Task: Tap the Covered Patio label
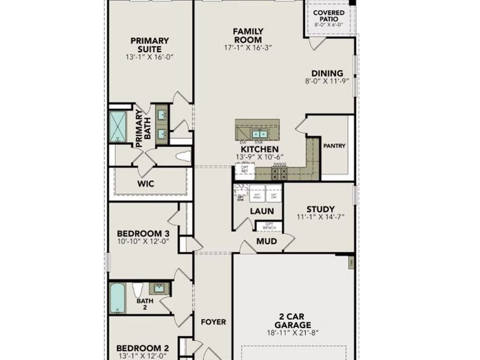pyautogui.click(x=329, y=16)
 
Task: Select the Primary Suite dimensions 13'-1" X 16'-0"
pyautogui.click(x=149, y=57)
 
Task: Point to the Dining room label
pyautogui.click(x=327, y=73)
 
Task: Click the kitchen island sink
pyautogui.click(x=259, y=133)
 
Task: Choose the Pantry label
pyautogui.click(x=334, y=146)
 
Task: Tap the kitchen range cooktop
pyautogui.click(x=280, y=174)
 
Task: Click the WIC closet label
pyautogui.click(x=146, y=184)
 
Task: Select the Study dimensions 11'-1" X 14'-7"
pyautogui.click(x=320, y=217)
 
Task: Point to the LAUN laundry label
pyautogui.click(x=262, y=211)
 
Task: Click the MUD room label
pyautogui.click(x=266, y=241)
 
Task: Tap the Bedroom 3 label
pyautogui.click(x=143, y=233)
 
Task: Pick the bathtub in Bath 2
pyautogui.click(x=118, y=298)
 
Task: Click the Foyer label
pyautogui.click(x=213, y=322)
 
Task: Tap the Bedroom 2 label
pyautogui.click(x=143, y=348)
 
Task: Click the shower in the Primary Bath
pyautogui.click(x=118, y=127)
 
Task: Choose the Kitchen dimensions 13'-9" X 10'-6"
pyautogui.click(x=259, y=157)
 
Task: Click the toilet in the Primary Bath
pyautogui.click(x=184, y=157)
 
